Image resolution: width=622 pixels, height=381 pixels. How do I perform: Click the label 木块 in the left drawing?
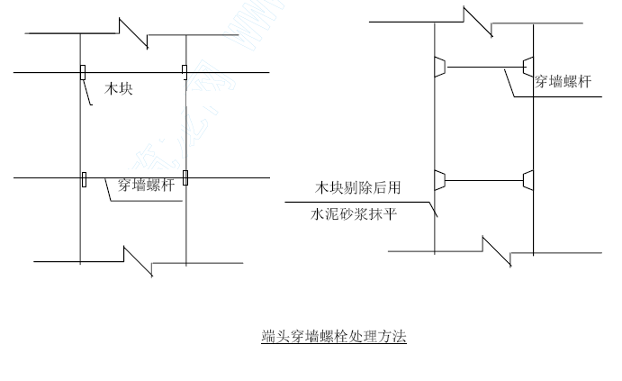click(x=118, y=88)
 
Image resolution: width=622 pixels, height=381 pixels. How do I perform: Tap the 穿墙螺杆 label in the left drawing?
click(x=146, y=185)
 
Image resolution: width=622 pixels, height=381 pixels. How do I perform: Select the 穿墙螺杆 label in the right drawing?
click(x=563, y=81)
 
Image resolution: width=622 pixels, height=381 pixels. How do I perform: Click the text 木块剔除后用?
click(x=358, y=187)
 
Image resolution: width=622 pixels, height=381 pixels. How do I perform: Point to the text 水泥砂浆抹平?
click(x=354, y=214)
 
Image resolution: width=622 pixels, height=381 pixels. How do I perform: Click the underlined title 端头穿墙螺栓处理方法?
click(x=334, y=336)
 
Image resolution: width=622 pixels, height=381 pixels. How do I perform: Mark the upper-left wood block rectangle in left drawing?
click(x=83, y=73)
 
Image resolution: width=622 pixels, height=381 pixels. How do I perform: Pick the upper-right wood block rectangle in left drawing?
click(x=185, y=72)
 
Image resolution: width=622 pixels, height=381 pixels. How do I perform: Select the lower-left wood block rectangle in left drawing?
click(x=84, y=179)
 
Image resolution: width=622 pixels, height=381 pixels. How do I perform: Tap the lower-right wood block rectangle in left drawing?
click(x=185, y=177)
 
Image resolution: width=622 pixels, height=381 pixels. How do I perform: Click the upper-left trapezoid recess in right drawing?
click(x=440, y=67)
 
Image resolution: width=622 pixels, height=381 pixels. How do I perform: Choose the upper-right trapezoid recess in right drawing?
click(x=528, y=67)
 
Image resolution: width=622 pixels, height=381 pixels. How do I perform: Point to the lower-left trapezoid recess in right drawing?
click(x=440, y=180)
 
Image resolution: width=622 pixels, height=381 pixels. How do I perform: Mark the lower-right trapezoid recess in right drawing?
click(x=528, y=180)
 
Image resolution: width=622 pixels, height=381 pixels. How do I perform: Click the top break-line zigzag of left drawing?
click(x=134, y=33)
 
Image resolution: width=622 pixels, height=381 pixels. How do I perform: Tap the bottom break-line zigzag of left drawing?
click(x=138, y=261)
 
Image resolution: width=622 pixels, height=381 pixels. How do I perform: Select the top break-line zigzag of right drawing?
click(x=478, y=22)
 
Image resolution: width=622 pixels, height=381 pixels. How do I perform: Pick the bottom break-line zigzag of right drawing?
click(x=497, y=251)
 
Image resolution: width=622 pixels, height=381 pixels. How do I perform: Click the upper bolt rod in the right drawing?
click(x=485, y=67)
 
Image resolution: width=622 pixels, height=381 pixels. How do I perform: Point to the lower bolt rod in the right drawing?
click(x=484, y=180)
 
